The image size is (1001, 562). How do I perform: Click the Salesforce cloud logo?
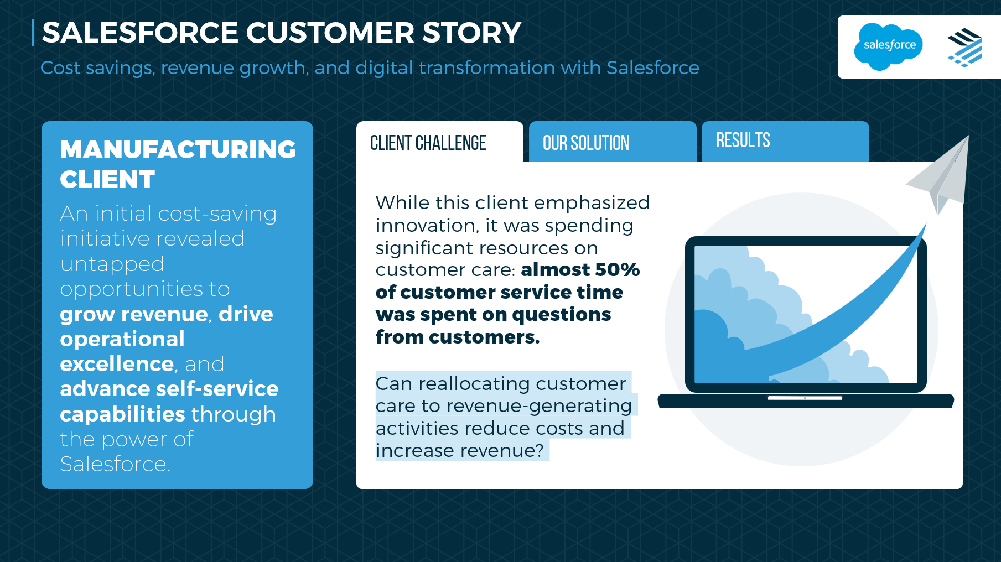(x=889, y=46)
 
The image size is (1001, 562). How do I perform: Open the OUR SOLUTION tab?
(x=613, y=142)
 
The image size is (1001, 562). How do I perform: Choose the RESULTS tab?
(x=785, y=142)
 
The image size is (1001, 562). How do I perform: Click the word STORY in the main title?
(x=471, y=33)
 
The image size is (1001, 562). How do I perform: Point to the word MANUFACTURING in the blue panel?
(x=178, y=149)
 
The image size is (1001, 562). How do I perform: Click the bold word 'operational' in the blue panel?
(x=122, y=339)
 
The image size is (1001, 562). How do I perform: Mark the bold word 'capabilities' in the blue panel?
(x=122, y=414)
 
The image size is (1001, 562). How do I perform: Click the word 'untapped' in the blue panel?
(x=112, y=264)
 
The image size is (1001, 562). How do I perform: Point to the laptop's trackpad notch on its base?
(x=805, y=398)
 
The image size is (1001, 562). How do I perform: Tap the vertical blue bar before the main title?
(x=33, y=33)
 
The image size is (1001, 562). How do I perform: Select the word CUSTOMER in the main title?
(x=330, y=33)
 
